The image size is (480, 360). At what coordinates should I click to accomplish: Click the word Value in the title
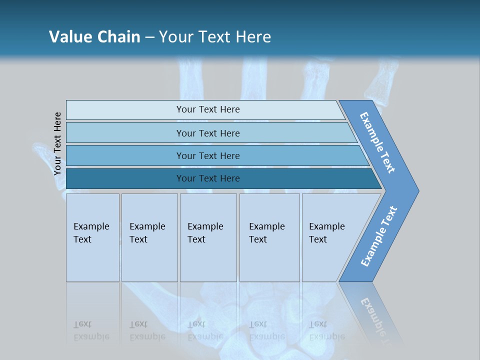click(x=69, y=36)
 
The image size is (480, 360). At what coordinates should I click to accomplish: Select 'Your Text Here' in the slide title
click(x=215, y=36)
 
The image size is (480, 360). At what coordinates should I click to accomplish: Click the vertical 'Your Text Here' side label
click(x=58, y=143)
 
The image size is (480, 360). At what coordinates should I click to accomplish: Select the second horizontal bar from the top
click(x=208, y=133)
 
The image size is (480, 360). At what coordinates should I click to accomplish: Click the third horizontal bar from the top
click(x=208, y=155)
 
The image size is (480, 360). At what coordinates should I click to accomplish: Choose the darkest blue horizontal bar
click(x=208, y=178)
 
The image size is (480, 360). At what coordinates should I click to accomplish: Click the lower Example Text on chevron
click(x=379, y=236)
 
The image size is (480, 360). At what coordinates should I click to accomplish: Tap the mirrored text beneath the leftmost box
click(x=91, y=330)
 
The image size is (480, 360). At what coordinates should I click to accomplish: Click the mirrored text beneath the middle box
click(x=205, y=330)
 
